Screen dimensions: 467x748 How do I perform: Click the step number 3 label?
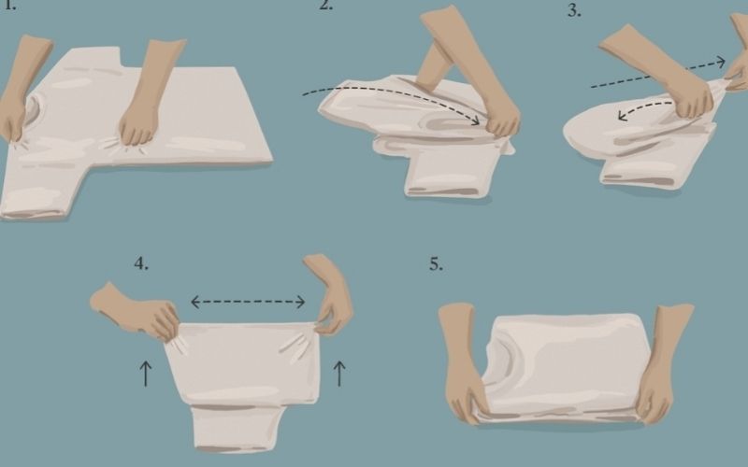click(573, 11)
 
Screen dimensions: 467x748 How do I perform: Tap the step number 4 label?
click(140, 263)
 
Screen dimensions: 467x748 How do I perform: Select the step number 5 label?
click(436, 264)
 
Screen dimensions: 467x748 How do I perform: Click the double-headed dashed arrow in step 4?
click(248, 302)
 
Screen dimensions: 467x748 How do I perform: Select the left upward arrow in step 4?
click(146, 374)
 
